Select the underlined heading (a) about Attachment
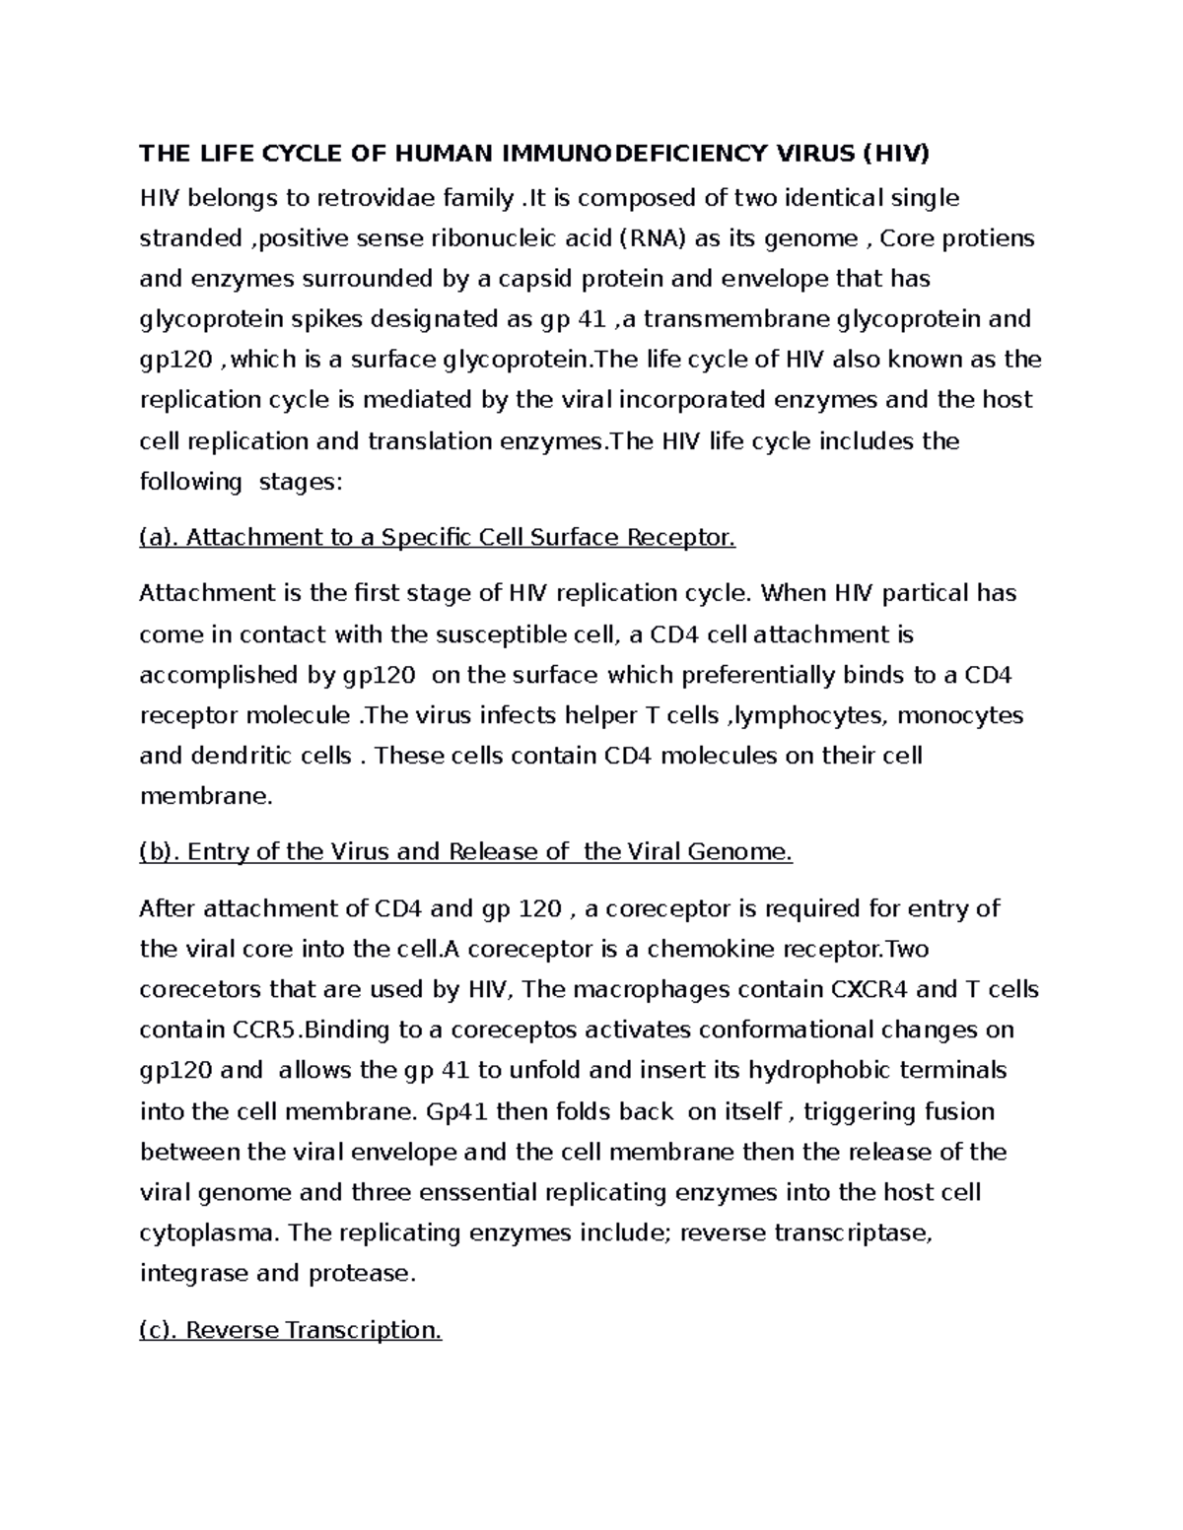point(438,538)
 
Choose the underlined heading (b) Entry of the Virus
point(466,852)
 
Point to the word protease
point(363,1273)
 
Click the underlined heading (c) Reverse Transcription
point(291,1331)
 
